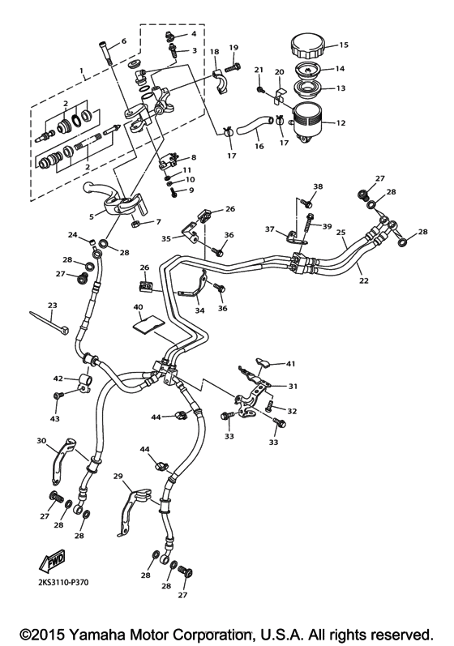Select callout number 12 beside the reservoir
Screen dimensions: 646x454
[340, 123]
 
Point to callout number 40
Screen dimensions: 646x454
[138, 307]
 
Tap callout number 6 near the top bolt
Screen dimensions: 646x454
[123, 41]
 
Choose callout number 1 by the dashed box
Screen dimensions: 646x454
[83, 71]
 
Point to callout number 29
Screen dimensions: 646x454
[117, 477]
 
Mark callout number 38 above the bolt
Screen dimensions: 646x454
[318, 186]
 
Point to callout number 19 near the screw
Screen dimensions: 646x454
[233, 47]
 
